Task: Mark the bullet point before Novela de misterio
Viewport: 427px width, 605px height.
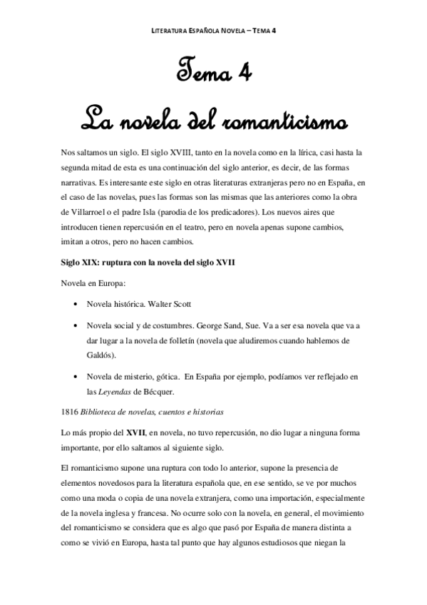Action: pyautogui.click(x=76, y=376)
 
